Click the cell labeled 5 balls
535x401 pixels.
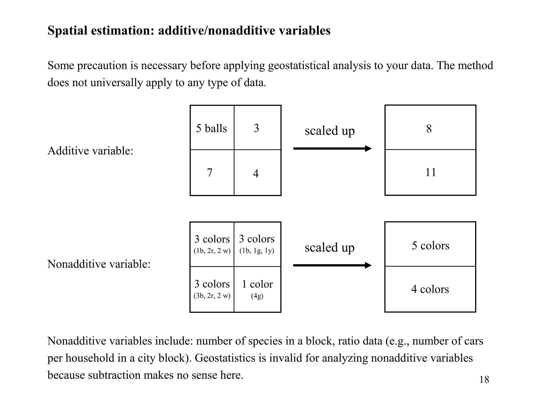click(212, 128)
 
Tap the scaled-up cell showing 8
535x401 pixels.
click(430, 128)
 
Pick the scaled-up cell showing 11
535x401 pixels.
click(430, 172)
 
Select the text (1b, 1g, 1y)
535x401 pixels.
click(257, 251)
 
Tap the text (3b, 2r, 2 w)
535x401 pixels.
click(212, 296)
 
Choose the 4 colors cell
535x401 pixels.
click(430, 289)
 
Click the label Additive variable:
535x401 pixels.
click(90, 151)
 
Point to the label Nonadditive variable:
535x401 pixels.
click(99, 264)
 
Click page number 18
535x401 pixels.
click(484, 380)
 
